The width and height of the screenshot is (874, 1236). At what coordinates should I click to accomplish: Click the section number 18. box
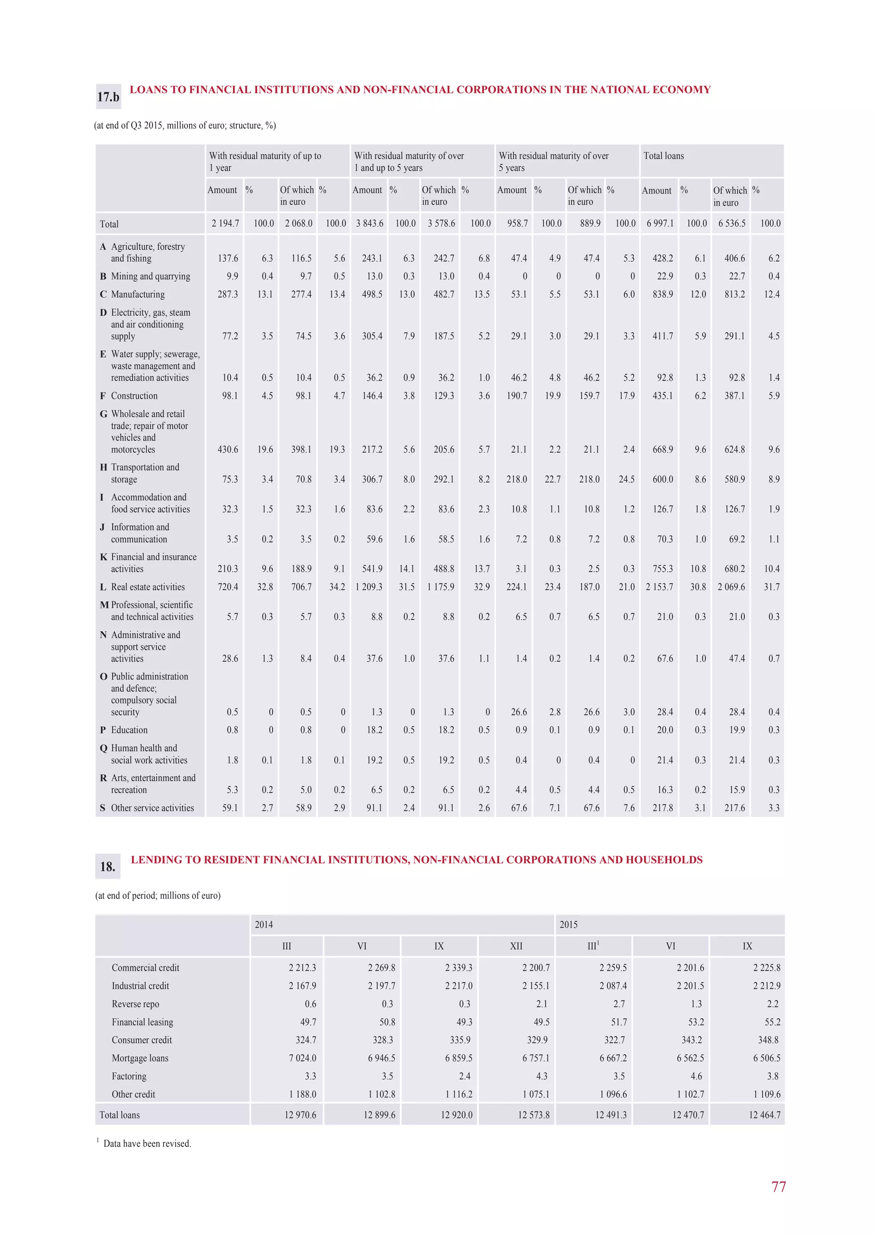(x=108, y=866)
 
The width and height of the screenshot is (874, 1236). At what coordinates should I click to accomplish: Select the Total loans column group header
(x=664, y=156)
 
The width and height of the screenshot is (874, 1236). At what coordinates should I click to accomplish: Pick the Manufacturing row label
(x=138, y=294)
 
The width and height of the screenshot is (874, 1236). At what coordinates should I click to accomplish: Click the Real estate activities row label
(x=148, y=587)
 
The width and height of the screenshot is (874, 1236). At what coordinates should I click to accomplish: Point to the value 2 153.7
(x=659, y=587)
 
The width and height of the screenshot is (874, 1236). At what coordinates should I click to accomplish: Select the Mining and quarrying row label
(x=150, y=276)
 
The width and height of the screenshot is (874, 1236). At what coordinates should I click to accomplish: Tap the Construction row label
(x=134, y=396)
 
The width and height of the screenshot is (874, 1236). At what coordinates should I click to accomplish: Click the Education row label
(x=129, y=730)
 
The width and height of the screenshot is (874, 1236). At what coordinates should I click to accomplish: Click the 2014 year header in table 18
(x=264, y=924)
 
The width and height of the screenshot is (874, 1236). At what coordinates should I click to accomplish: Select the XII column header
(x=516, y=946)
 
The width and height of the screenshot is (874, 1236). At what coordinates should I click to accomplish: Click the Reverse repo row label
(x=135, y=1004)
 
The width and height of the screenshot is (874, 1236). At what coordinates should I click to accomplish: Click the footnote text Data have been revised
(x=147, y=1143)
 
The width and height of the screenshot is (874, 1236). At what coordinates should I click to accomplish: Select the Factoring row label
(x=129, y=1076)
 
